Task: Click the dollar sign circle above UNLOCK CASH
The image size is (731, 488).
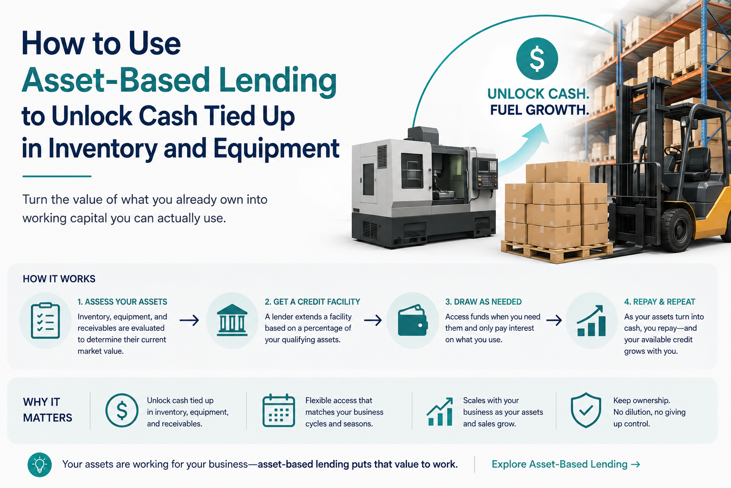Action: coord(537,59)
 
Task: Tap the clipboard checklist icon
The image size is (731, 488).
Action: coord(45,321)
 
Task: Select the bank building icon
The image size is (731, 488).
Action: coord(232,320)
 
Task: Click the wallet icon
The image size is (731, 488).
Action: coord(413,320)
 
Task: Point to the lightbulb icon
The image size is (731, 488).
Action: coord(40,465)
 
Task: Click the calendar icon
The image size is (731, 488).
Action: coord(279,410)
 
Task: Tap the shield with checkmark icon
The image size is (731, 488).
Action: coord(586,410)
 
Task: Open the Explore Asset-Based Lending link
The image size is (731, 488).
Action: coord(566,464)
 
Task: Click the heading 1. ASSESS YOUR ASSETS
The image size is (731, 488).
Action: coord(122,302)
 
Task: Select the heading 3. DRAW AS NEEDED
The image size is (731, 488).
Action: coord(484,302)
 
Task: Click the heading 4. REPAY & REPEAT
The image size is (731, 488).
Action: coord(660,302)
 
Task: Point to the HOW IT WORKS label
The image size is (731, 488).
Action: coord(59,279)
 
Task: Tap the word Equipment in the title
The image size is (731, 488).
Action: coord(277,149)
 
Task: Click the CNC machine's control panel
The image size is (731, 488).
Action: coord(487,173)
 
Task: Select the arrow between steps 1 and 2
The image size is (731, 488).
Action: coord(189,320)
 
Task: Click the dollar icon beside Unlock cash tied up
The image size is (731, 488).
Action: coord(122,410)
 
